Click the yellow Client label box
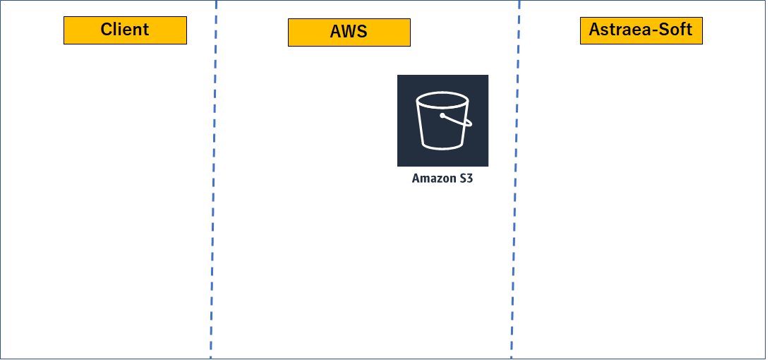[x=125, y=30]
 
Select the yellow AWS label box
[x=349, y=32]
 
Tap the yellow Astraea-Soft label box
[x=641, y=30]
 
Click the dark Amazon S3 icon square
[x=442, y=121]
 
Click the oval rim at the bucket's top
[x=442, y=100]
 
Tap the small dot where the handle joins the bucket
[x=442, y=116]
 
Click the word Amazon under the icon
[x=430, y=178]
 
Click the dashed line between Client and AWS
[x=214, y=180]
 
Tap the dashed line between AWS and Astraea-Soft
[x=516, y=180]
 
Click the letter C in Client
[x=107, y=30]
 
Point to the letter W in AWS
[x=349, y=32]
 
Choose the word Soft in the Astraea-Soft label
[x=677, y=30]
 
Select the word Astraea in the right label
[x=621, y=30]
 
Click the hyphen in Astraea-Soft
[x=657, y=31]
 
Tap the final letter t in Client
[x=145, y=30]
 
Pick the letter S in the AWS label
[x=363, y=32]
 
